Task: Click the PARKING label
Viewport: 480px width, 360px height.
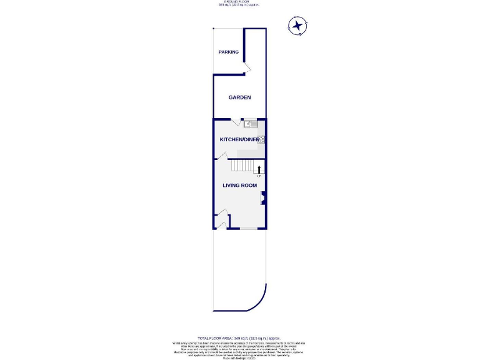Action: click(229, 52)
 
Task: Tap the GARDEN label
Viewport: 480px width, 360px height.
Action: click(239, 97)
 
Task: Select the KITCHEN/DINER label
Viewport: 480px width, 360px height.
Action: click(238, 139)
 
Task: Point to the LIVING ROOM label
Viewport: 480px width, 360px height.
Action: click(240, 185)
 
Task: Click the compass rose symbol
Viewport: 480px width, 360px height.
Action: click(297, 26)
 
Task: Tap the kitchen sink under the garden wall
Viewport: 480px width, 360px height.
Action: click(251, 124)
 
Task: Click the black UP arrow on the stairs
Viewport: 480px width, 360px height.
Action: click(259, 168)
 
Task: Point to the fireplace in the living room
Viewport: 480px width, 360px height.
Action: click(263, 199)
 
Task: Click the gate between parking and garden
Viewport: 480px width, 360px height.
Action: click(247, 67)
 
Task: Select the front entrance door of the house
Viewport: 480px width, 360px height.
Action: click(220, 223)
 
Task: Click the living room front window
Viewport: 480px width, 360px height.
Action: click(248, 228)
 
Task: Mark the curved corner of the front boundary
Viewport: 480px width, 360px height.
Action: click(256, 302)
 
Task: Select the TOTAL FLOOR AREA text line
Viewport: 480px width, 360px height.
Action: click(240, 337)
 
